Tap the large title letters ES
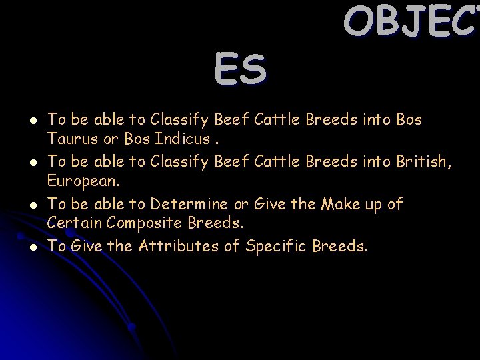point(241,71)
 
